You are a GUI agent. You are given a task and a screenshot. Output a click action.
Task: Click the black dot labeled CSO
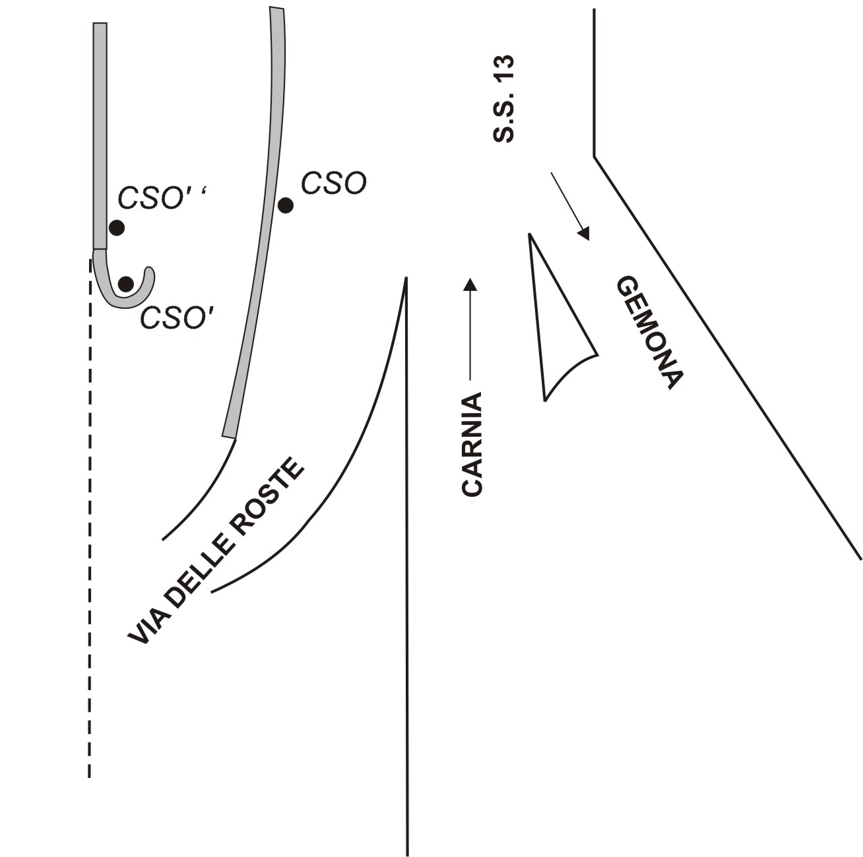285,205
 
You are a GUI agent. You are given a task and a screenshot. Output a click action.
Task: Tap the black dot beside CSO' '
117,228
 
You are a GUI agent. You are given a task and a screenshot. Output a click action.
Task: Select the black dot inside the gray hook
126,284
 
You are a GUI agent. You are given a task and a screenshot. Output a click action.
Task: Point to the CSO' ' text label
162,197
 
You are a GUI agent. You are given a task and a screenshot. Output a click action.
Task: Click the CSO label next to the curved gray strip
333,183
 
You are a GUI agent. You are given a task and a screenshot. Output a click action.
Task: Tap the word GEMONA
649,333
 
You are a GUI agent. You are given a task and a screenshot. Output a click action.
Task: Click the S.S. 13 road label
505,99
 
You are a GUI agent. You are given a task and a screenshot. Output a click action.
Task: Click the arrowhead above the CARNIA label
470,284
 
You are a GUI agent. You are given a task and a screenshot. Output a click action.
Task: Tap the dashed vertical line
90,528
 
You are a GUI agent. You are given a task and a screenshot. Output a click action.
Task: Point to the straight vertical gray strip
100,132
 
